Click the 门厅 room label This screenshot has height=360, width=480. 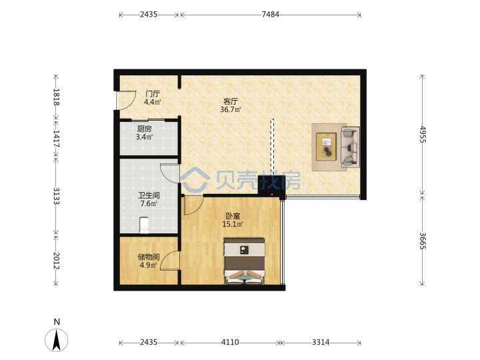153,93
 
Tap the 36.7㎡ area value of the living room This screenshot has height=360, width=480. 230,109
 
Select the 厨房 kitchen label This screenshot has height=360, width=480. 144,129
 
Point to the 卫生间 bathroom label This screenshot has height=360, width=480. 149,195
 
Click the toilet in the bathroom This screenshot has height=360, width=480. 144,225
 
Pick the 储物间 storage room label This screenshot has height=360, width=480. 149,257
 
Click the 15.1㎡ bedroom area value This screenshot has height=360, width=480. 233,224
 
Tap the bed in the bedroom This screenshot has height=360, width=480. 244,261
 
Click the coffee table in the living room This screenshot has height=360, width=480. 326,147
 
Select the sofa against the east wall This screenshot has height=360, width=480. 350,147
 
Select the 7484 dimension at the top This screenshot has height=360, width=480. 270,15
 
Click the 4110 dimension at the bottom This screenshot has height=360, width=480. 230,342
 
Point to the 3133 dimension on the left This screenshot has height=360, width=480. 56,196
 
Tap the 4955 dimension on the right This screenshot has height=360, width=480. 423,135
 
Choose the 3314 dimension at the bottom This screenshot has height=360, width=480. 321,342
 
